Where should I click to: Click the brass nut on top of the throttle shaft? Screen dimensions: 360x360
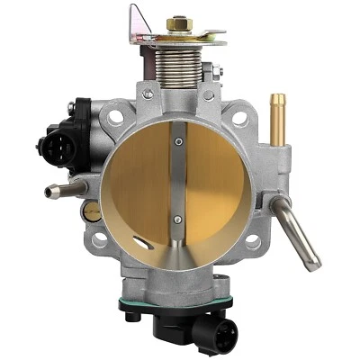click(x=177, y=22)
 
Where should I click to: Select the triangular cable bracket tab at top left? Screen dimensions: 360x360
click(x=139, y=22)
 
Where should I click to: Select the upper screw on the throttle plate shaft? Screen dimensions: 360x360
click(x=178, y=139)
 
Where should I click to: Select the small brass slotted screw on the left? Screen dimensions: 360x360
click(x=91, y=212)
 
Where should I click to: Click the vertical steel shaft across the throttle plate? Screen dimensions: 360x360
click(x=178, y=180)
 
